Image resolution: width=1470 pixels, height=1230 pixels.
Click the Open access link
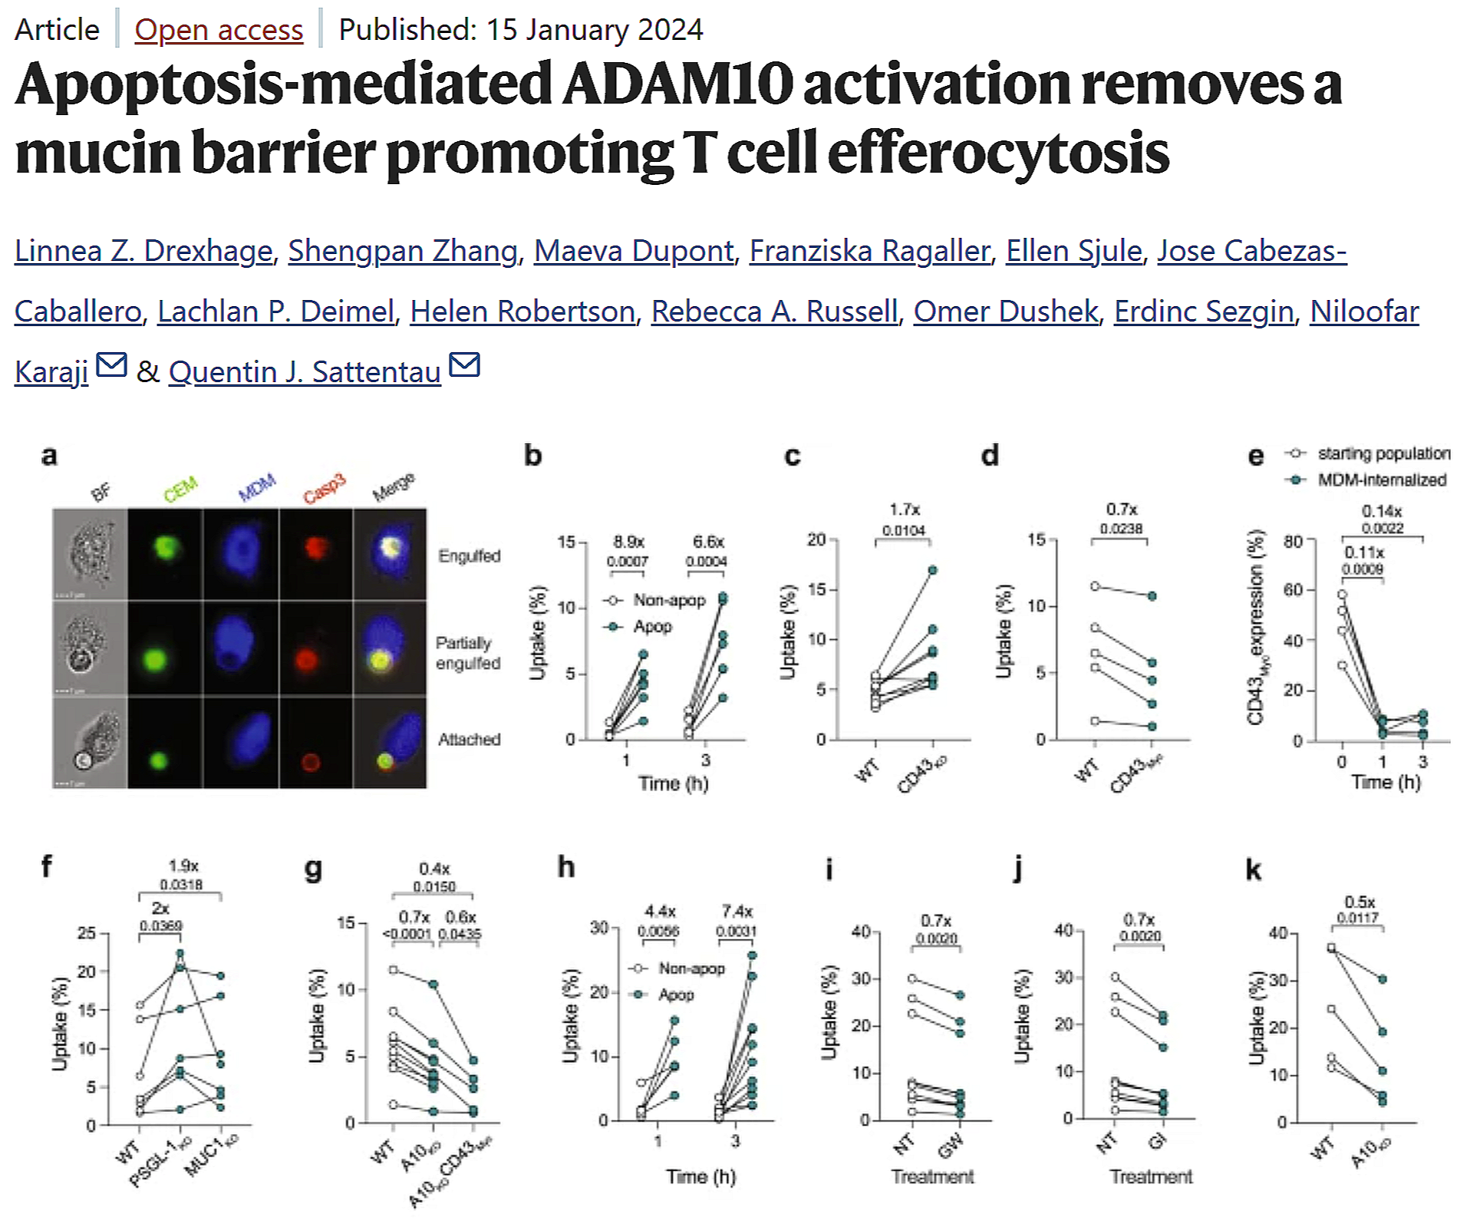tap(219, 30)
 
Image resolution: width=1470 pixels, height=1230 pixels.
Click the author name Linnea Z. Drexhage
tap(143, 251)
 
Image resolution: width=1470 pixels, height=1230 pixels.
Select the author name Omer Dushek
tap(1005, 312)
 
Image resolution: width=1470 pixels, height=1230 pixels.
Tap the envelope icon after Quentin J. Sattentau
tap(464, 365)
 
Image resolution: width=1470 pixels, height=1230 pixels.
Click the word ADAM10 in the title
tap(677, 84)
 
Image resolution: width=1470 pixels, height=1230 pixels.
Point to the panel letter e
tap(1255, 456)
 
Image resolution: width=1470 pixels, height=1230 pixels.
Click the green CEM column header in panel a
tap(181, 489)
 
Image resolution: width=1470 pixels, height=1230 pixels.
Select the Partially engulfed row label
tap(467, 653)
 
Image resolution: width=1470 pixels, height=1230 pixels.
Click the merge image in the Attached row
tap(390, 743)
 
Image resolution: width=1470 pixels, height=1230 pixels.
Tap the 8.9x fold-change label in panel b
tap(628, 542)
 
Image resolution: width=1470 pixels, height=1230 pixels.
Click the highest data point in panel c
tap(933, 570)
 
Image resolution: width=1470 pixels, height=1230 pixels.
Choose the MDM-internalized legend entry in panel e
tap(1381, 480)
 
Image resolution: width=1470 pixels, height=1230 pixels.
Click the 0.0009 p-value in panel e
tap(1362, 569)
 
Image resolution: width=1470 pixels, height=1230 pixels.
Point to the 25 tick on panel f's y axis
tap(87, 933)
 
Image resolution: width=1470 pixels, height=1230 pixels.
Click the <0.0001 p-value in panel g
tap(407, 934)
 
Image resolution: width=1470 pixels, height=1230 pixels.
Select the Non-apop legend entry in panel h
tap(691, 968)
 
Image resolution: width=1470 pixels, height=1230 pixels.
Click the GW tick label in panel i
tap(951, 1147)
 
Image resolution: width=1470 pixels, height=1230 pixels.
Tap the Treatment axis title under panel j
tap(1151, 1177)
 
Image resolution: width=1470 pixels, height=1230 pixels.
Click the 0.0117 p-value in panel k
tap(1357, 918)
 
